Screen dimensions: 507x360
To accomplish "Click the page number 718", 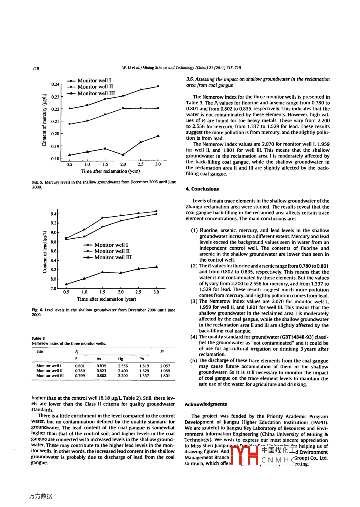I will pos(36,68).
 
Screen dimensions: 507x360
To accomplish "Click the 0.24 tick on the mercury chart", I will pos(55,84).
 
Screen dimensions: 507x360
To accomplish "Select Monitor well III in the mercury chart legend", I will pos(96,93).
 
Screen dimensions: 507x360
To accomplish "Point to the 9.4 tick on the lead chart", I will pos(53,214).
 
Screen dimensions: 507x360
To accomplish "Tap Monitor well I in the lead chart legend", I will pos(111,245).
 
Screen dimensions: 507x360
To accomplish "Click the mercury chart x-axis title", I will pos(110,171).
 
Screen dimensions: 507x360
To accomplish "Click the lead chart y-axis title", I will pos(45,252).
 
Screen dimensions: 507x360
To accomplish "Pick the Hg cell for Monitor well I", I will pos(123,366).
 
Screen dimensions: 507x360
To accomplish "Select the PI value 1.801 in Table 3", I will pos(165,376).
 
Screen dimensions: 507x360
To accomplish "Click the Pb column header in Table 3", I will pos(142,359).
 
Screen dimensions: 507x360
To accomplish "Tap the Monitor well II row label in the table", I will pos(49,371).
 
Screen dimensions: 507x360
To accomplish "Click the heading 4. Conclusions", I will pos(202,189).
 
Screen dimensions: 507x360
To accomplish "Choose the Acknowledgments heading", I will pos(206,404).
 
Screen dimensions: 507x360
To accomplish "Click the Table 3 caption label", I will pos(38,338).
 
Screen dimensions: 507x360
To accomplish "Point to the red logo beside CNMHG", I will pos(244,455).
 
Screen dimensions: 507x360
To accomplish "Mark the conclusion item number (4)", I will pos(194,337).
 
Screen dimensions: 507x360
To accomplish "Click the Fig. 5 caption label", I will pos(37,182).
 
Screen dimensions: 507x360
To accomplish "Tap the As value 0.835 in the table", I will pos(101,366).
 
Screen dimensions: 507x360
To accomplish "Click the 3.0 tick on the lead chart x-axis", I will pos(156,292).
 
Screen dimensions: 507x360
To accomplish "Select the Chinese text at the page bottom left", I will pos(40,496).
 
